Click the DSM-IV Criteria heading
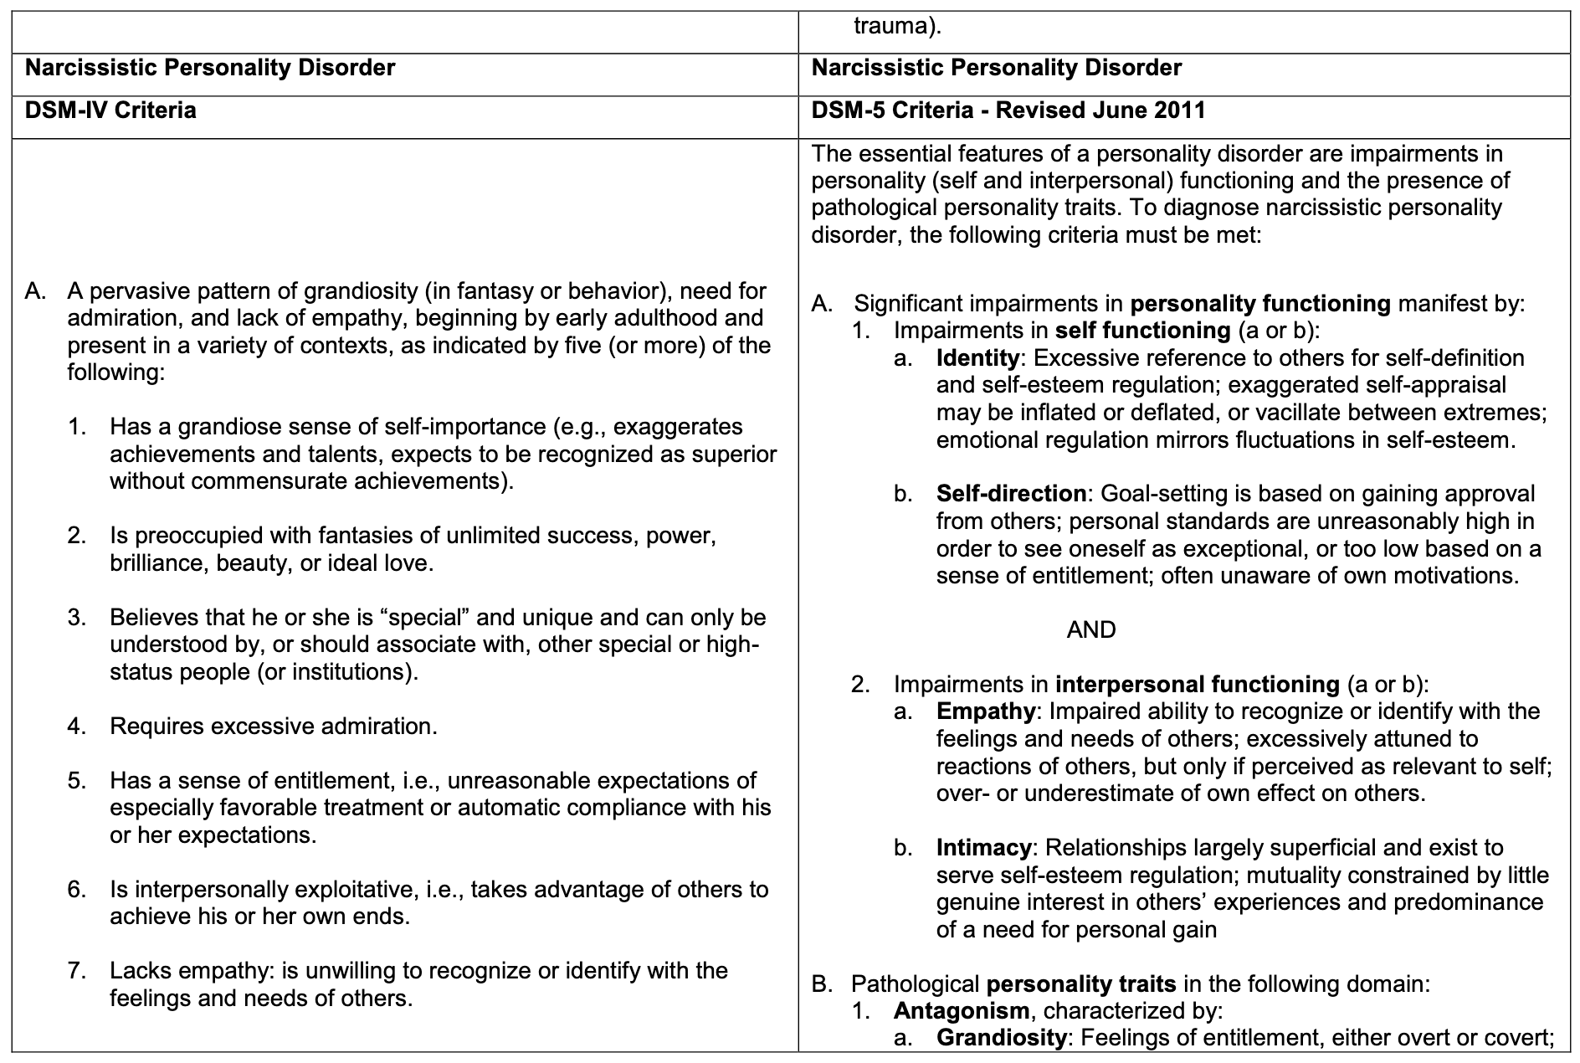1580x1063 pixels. click(110, 110)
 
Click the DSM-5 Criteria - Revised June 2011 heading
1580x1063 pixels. click(1008, 110)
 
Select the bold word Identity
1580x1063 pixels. click(977, 358)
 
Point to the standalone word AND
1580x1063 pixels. click(1091, 629)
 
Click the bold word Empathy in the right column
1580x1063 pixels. click(986, 711)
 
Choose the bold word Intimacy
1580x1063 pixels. click(983, 848)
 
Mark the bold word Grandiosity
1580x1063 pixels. click(1001, 1038)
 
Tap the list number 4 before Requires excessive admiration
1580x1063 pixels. click(77, 726)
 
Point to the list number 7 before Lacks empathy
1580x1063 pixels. click(77, 971)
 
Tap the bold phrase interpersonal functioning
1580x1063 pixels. click(1198, 685)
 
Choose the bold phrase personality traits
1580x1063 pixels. click(1081, 983)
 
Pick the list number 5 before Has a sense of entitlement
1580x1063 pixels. click(77, 781)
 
